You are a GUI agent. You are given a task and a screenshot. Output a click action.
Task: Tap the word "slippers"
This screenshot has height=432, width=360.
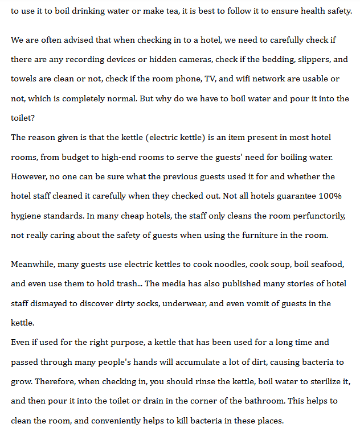tap(312, 60)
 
